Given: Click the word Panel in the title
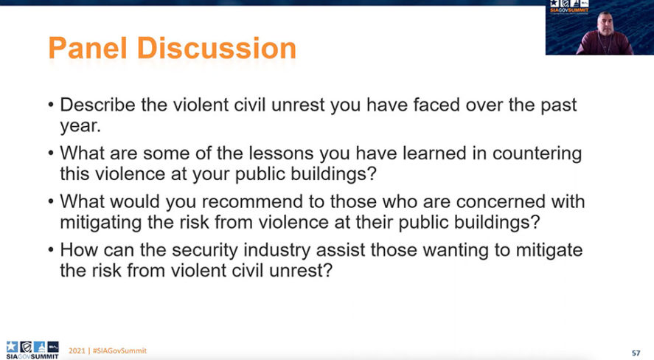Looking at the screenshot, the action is point(88,48).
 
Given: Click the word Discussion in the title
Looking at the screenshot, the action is point(217,48).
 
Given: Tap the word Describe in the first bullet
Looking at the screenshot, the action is point(97,105).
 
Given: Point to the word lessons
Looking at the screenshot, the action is point(281,153).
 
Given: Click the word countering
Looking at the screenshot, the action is point(538,154).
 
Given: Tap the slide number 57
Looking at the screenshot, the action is point(636,353).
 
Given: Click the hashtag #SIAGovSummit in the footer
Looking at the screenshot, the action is point(119,351).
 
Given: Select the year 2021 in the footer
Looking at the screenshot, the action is point(77,351).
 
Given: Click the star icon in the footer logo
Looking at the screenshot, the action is point(12,347).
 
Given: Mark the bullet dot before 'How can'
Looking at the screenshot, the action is point(51,250).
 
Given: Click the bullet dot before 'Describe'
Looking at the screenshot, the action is point(51,105).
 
